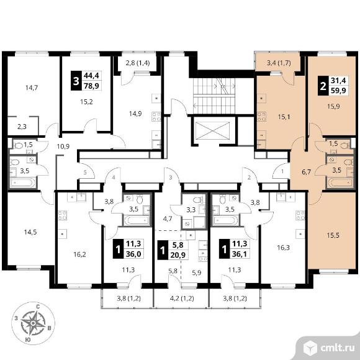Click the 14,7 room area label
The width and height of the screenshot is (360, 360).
pos(32,88)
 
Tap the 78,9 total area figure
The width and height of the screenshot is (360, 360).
pos(92,86)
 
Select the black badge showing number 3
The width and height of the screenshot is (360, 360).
pos(76,81)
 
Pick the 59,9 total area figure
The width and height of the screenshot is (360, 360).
pos(338,91)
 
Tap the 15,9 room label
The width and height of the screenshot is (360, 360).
pos(333,107)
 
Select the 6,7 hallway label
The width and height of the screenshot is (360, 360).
pos(306,172)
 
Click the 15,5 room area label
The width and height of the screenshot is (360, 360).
pos(333,235)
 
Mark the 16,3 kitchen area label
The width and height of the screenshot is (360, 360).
pos(283,248)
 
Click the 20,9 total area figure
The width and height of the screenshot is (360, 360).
pos(178,255)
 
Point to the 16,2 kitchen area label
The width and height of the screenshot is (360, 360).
pos(79,254)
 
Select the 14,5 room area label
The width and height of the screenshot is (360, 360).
pos(30,232)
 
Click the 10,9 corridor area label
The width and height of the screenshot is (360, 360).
pos(63,146)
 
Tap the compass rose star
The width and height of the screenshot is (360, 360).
pos(33,323)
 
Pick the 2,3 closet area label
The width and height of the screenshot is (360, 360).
pos(22,127)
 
